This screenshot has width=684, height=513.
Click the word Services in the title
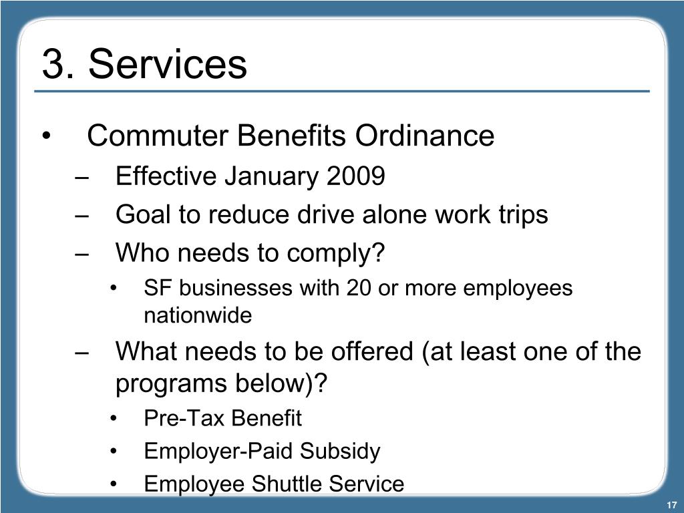pyautogui.click(x=167, y=65)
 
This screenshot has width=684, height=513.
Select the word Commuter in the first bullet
pyautogui.click(x=158, y=136)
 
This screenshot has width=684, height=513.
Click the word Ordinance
pyautogui.click(x=425, y=136)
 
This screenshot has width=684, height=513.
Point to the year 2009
pyautogui.click(x=356, y=177)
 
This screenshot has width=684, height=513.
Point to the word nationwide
pyautogui.click(x=198, y=315)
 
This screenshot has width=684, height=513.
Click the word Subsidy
pyautogui.click(x=339, y=452)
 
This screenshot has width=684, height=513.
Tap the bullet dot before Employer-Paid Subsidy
pyautogui.click(x=115, y=452)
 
